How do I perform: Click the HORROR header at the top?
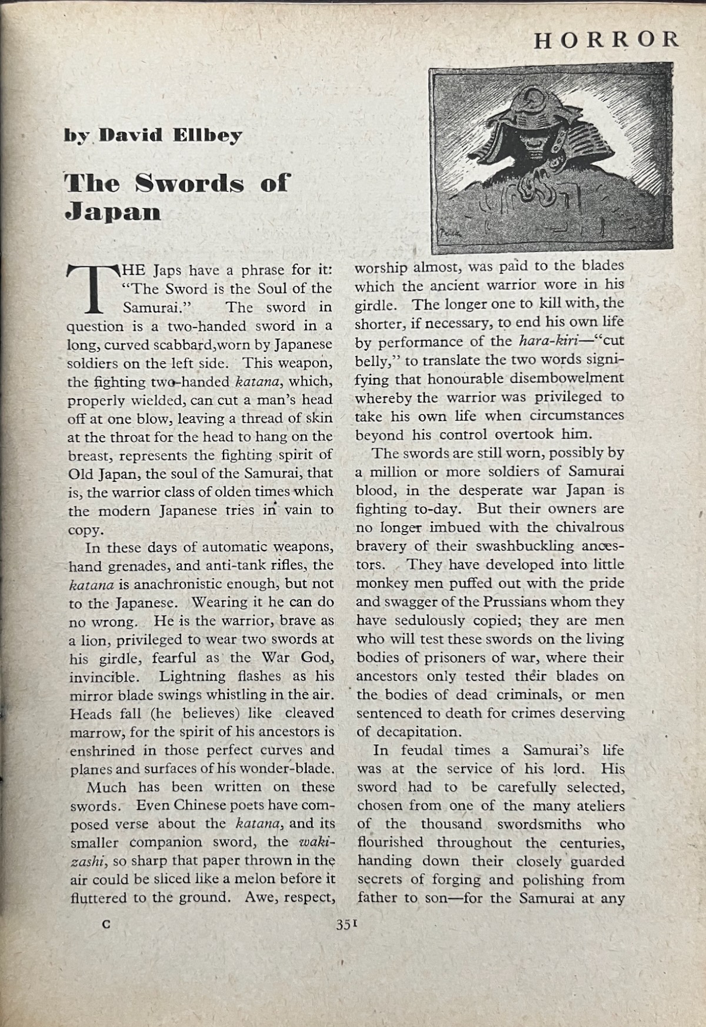[607, 39]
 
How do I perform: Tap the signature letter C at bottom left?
[106, 923]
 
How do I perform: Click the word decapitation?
[418, 732]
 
